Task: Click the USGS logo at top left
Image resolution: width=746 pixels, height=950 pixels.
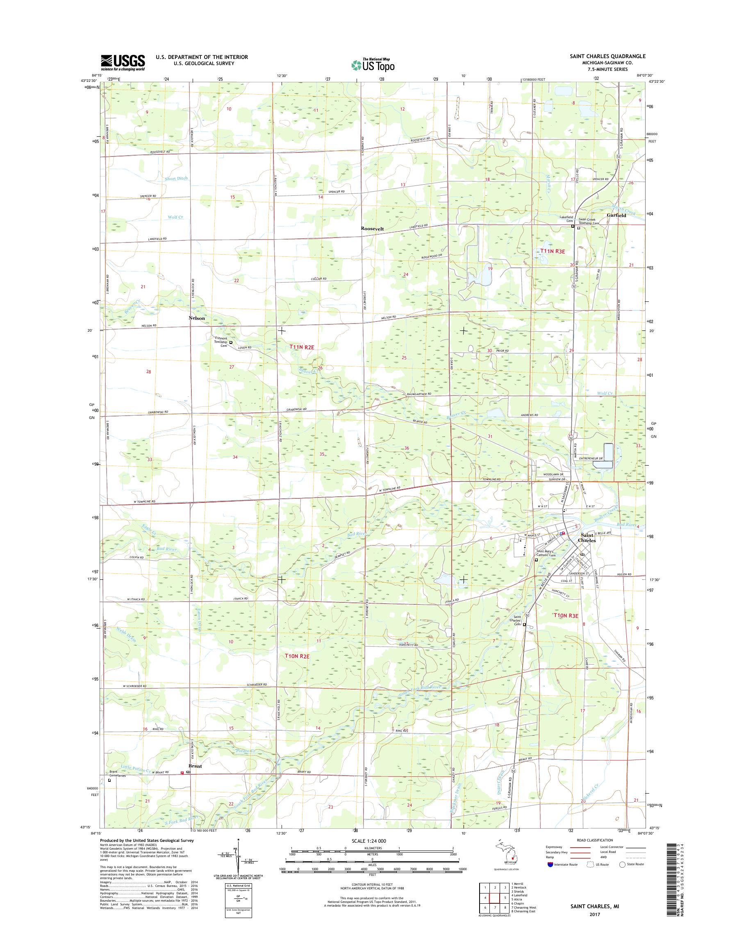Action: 123,62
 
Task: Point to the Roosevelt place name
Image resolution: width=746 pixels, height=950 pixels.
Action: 372,228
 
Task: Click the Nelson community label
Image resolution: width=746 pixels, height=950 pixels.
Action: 197,318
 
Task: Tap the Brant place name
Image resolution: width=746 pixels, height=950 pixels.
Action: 195,765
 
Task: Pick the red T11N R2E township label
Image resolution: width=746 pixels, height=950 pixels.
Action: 302,346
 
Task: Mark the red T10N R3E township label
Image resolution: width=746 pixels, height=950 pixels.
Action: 566,615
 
